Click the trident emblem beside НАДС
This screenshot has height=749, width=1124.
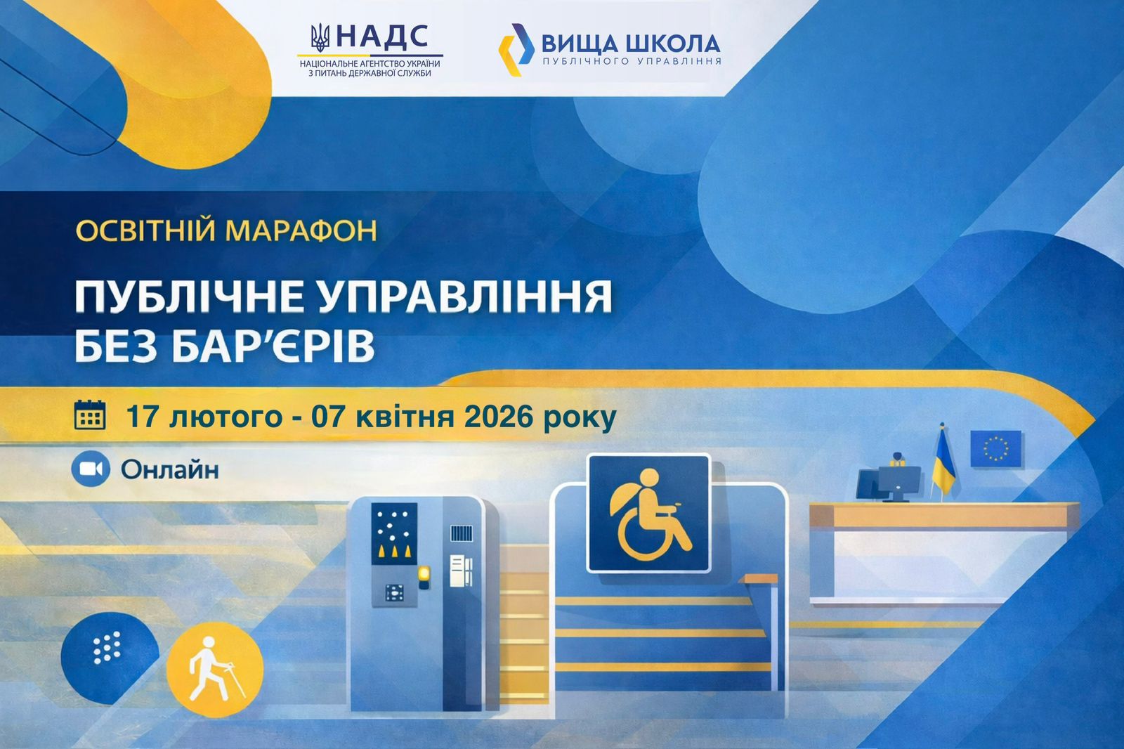tap(320, 38)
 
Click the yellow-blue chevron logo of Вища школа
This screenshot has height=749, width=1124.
tap(516, 50)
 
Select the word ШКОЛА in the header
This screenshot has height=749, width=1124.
tap(674, 44)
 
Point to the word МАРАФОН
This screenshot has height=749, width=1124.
tap(301, 230)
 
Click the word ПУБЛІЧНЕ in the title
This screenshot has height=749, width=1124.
tap(189, 297)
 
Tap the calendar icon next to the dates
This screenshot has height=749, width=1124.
tap(90, 415)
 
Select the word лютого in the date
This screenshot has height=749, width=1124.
tap(226, 417)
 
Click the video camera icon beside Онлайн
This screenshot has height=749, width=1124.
tap(91, 469)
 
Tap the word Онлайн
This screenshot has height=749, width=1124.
tap(169, 469)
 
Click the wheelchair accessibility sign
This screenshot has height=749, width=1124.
tap(649, 513)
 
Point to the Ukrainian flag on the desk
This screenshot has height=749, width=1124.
tap(943, 462)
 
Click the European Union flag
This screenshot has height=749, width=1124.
tap(996, 448)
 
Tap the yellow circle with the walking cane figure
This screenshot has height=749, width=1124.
tap(215, 669)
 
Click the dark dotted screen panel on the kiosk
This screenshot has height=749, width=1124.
tap(394, 533)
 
